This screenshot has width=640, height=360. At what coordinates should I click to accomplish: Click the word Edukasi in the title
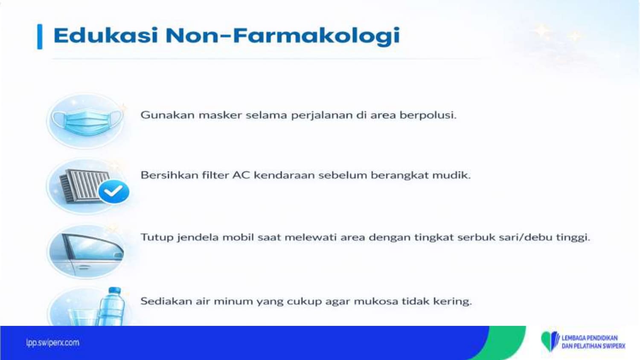pyautogui.click(x=106, y=35)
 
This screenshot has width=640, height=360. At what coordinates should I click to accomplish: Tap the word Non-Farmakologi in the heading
pyautogui.click(x=282, y=36)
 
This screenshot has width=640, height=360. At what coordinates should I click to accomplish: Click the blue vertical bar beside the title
pyautogui.click(x=40, y=37)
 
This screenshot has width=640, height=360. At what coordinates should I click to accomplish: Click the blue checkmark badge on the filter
pyautogui.click(x=114, y=192)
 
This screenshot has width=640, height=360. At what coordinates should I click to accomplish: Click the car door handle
pyautogui.click(x=83, y=267)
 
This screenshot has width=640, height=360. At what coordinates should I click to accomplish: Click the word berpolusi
pyautogui.click(x=428, y=116)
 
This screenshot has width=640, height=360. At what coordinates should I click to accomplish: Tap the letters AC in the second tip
pyautogui.click(x=241, y=175)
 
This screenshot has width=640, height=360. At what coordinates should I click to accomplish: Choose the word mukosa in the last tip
pyautogui.click(x=376, y=302)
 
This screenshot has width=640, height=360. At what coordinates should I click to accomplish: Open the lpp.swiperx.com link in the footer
pyautogui.click(x=52, y=343)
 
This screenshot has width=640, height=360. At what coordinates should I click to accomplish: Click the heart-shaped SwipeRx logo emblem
pyautogui.click(x=550, y=341)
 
